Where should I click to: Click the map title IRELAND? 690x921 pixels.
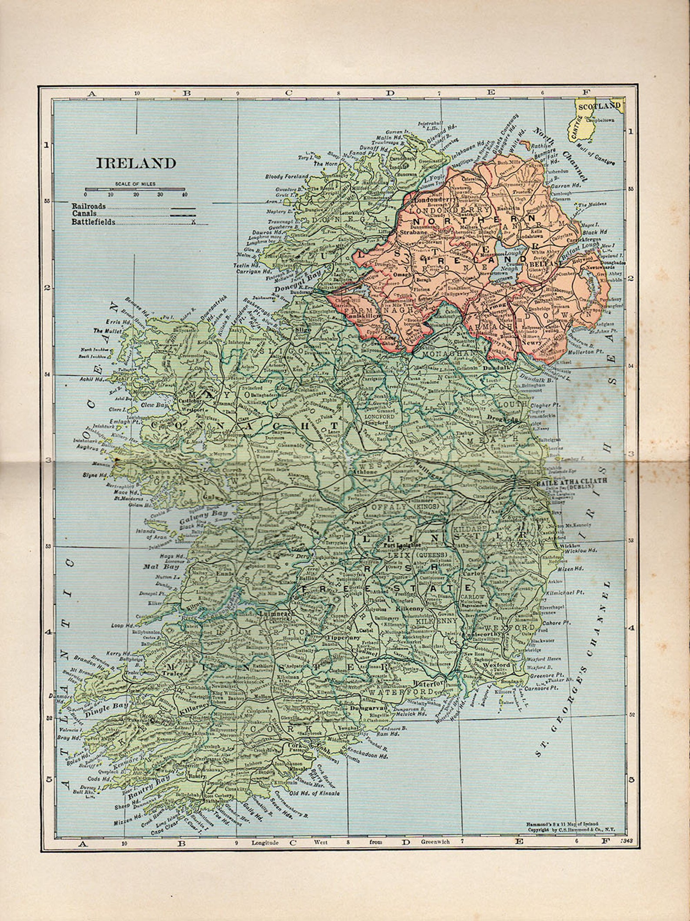136,163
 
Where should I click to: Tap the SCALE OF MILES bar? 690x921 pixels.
135,190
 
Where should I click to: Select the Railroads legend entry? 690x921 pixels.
89,206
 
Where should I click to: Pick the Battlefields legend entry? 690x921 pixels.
94,222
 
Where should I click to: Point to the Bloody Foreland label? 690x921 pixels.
287,177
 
